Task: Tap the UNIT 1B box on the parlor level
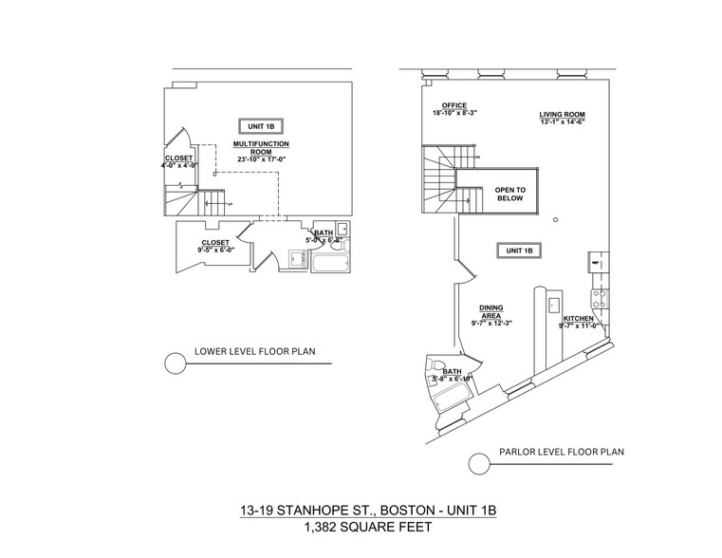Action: (x=518, y=250)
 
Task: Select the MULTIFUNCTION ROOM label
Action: (x=261, y=147)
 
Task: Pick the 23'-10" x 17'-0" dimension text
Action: (x=261, y=159)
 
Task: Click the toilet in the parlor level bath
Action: (x=438, y=365)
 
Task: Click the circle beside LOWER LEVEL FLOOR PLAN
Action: (x=175, y=363)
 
